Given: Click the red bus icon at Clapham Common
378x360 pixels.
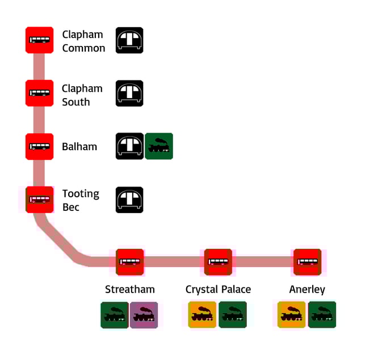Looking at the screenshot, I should [x=39, y=40].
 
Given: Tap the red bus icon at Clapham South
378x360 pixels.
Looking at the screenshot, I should [x=39, y=93].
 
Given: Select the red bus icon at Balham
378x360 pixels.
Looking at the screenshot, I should [x=39, y=146].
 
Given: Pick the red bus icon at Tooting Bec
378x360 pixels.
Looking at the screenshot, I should [x=39, y=200].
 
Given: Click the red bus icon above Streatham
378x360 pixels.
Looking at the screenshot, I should [x=130, y=262].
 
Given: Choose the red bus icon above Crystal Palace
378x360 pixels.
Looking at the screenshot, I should [x=218, y=262].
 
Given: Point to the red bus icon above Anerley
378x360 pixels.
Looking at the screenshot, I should [x=307, y=262].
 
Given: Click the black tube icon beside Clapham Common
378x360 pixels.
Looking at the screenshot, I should [x=129, y=40].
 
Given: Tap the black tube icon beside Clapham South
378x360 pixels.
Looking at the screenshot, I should [x=129, y=93].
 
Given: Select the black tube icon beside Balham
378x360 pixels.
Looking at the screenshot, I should [x=129, y=146].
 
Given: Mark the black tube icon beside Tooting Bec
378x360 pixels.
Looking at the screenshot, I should [x=129, y=200].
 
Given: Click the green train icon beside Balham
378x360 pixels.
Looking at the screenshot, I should [x=159, y=146].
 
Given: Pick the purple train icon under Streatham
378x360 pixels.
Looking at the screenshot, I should [x=144, y=315].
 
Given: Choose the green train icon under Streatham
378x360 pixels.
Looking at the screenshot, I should [x=115, y=315].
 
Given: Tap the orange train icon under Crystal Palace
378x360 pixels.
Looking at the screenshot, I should [x=203, y=315].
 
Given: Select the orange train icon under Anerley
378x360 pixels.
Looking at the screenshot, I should [x=292, y=315].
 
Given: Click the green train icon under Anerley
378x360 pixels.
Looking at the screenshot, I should [x=322, y=315].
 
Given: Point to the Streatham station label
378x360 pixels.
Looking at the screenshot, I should [x=130, y=289].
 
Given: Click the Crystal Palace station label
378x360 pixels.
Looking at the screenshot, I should [x=218, y=289].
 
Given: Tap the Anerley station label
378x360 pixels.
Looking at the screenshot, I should [x=307, y=289].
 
